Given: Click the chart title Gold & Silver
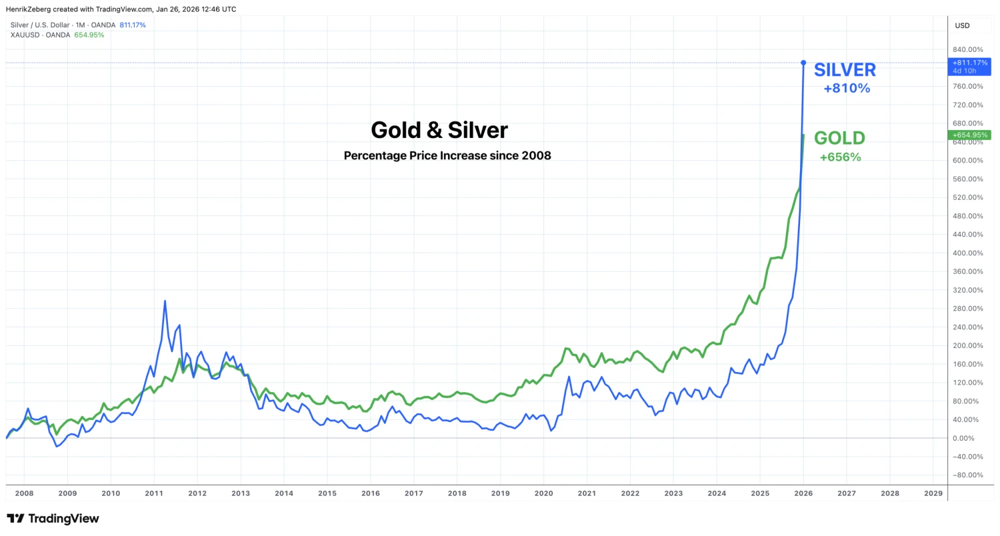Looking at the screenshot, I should pyautogui.click(x=439, y=130).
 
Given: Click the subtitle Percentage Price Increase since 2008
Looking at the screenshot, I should pyautogui.click(x=447, y=156).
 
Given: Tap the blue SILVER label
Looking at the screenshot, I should pyautogui.click(x=845, y=70).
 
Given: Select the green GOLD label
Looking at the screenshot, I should pyautogui.click(x=839, y=139).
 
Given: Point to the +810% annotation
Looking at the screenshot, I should pyautogui.click(x=847, y=88).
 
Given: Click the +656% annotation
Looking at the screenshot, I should pyautogui.click(x=840, y=158).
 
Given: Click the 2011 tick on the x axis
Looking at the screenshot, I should pyautogui.click(x=154, y=493).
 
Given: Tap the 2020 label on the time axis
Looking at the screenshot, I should pyautogui.click(x=543, y=493).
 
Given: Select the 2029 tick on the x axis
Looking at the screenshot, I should pyautogui.click(x=933, y=493).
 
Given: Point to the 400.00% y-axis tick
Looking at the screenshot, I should pyautogui.click(x=969, y=253).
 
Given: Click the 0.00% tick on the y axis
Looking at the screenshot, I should pyautogui.click(x=969, y=438).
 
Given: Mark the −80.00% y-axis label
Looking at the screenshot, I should pyautogui.click(x=969, y=475).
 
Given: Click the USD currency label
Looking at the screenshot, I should pyautogui.click(x=963, y=25).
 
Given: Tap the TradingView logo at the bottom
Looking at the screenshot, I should pyautogui.click(x=53, y=519).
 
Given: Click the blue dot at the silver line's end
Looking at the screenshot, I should pyautogui.click(x=803, y=63).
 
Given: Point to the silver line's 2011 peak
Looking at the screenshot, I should pyautogui.click(x=165, y=301).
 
